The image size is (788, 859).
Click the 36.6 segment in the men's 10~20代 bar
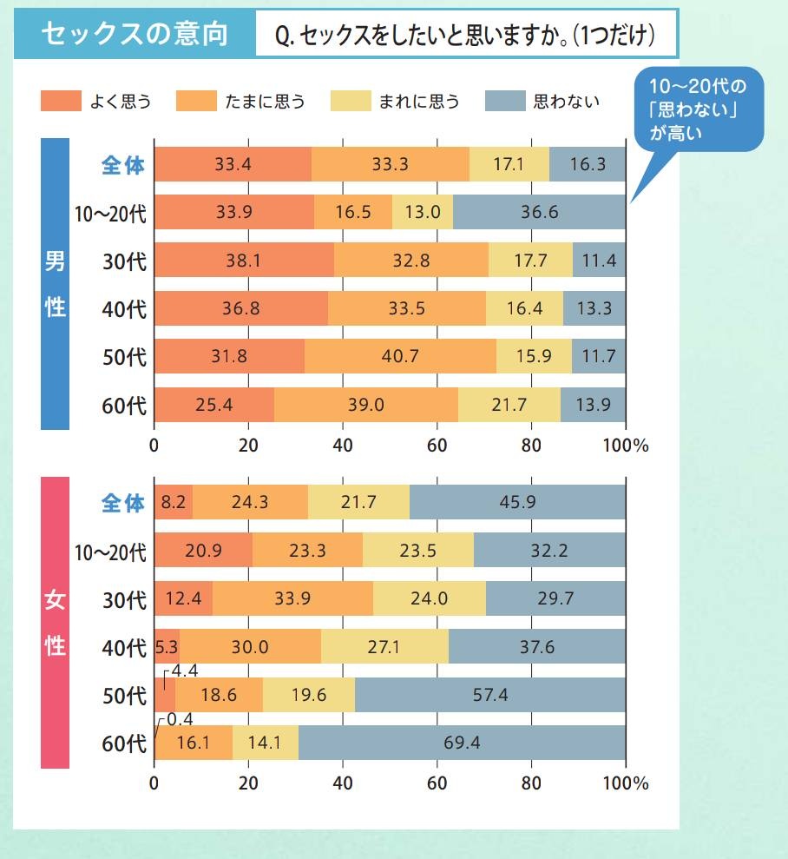click(539, 212)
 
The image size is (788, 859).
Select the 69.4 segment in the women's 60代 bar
click(462, 743)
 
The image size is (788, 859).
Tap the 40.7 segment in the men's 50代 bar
click(400, 356)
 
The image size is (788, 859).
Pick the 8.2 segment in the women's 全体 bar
click(174, 502)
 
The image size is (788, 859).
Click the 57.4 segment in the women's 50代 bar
click(490, 695)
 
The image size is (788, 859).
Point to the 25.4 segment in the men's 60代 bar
click(213, 404)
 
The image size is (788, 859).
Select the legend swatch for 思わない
click(505, 101)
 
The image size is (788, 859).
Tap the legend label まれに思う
click(419, 102)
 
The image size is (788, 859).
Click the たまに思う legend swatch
click(196, 101)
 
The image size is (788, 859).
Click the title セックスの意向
click(135, 34)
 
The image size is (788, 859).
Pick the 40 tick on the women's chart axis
click(342, 783)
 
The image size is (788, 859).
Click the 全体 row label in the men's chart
click(123, 165)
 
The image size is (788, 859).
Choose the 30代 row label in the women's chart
click(123, 599)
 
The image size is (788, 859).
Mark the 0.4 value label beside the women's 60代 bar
click(180, 719)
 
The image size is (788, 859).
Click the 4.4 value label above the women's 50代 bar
click(185, 671)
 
